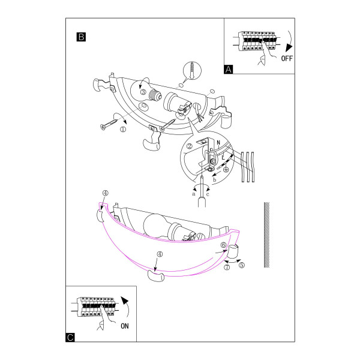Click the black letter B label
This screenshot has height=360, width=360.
pos(81,37)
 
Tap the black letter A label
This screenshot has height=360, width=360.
pos(228,70)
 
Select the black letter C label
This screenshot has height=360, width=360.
pos(70,337)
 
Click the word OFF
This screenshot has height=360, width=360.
pos(287,58)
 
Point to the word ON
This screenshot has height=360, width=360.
pos(125,326)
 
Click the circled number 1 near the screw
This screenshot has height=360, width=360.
pos(123,129)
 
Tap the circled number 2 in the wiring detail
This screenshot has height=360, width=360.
pos(190,146)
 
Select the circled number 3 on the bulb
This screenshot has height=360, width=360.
pos(143,92)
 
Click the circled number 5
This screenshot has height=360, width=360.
pos(242,265)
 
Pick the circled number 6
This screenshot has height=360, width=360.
pos(223,245)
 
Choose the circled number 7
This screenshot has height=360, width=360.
pos(227,267)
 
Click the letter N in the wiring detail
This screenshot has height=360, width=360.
pos(218,143)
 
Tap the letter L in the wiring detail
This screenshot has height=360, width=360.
pos(223,157)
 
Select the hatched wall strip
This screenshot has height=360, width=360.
pos(266,235)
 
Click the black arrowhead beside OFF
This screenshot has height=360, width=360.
pos(289,47)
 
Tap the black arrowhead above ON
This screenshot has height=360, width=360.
pos(125,301)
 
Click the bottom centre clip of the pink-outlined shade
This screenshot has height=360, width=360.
pos(155,275)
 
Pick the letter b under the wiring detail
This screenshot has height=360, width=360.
pos(214,179)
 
